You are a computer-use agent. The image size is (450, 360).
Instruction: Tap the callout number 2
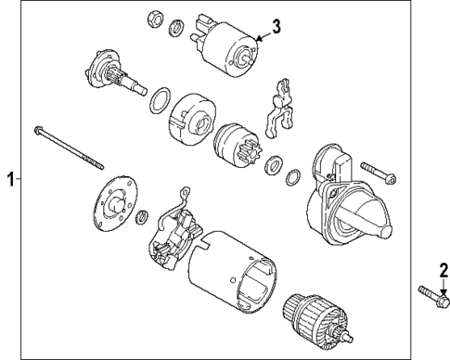click(443, 270)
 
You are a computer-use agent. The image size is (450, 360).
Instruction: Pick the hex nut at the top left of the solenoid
click(155, 18)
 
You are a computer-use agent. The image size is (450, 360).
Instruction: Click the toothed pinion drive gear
click(230, 143)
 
